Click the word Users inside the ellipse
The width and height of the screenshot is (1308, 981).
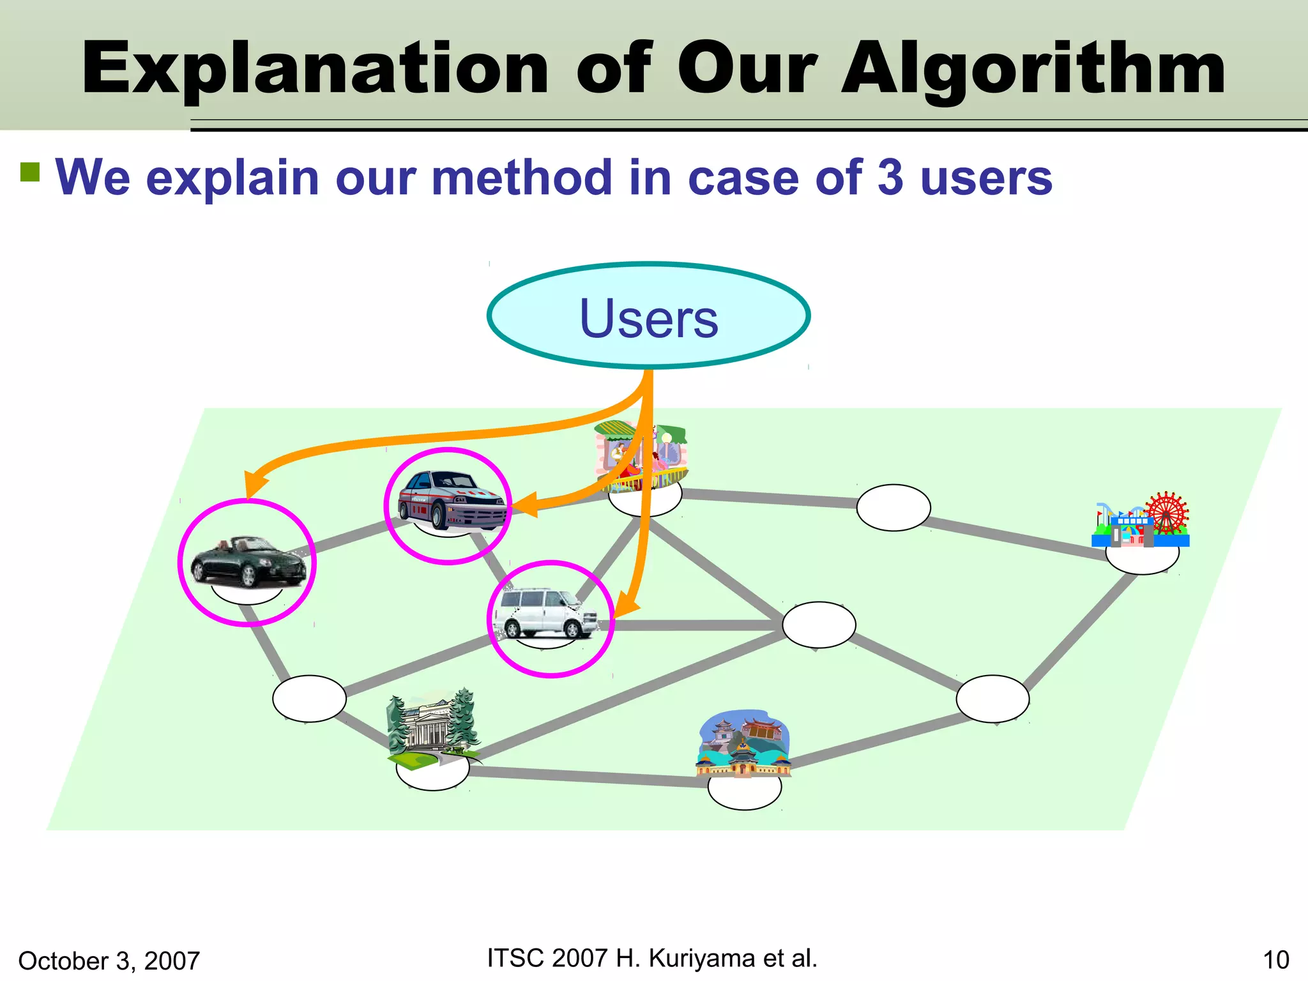pos(649,318)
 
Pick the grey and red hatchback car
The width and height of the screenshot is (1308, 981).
pos(451,501)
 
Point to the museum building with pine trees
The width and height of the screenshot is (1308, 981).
pos(433,728)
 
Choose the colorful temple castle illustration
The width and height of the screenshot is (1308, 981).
pos(743,743)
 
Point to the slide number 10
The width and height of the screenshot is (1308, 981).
pos(1276,960)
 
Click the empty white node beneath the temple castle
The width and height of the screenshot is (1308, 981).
pos(745,792)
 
